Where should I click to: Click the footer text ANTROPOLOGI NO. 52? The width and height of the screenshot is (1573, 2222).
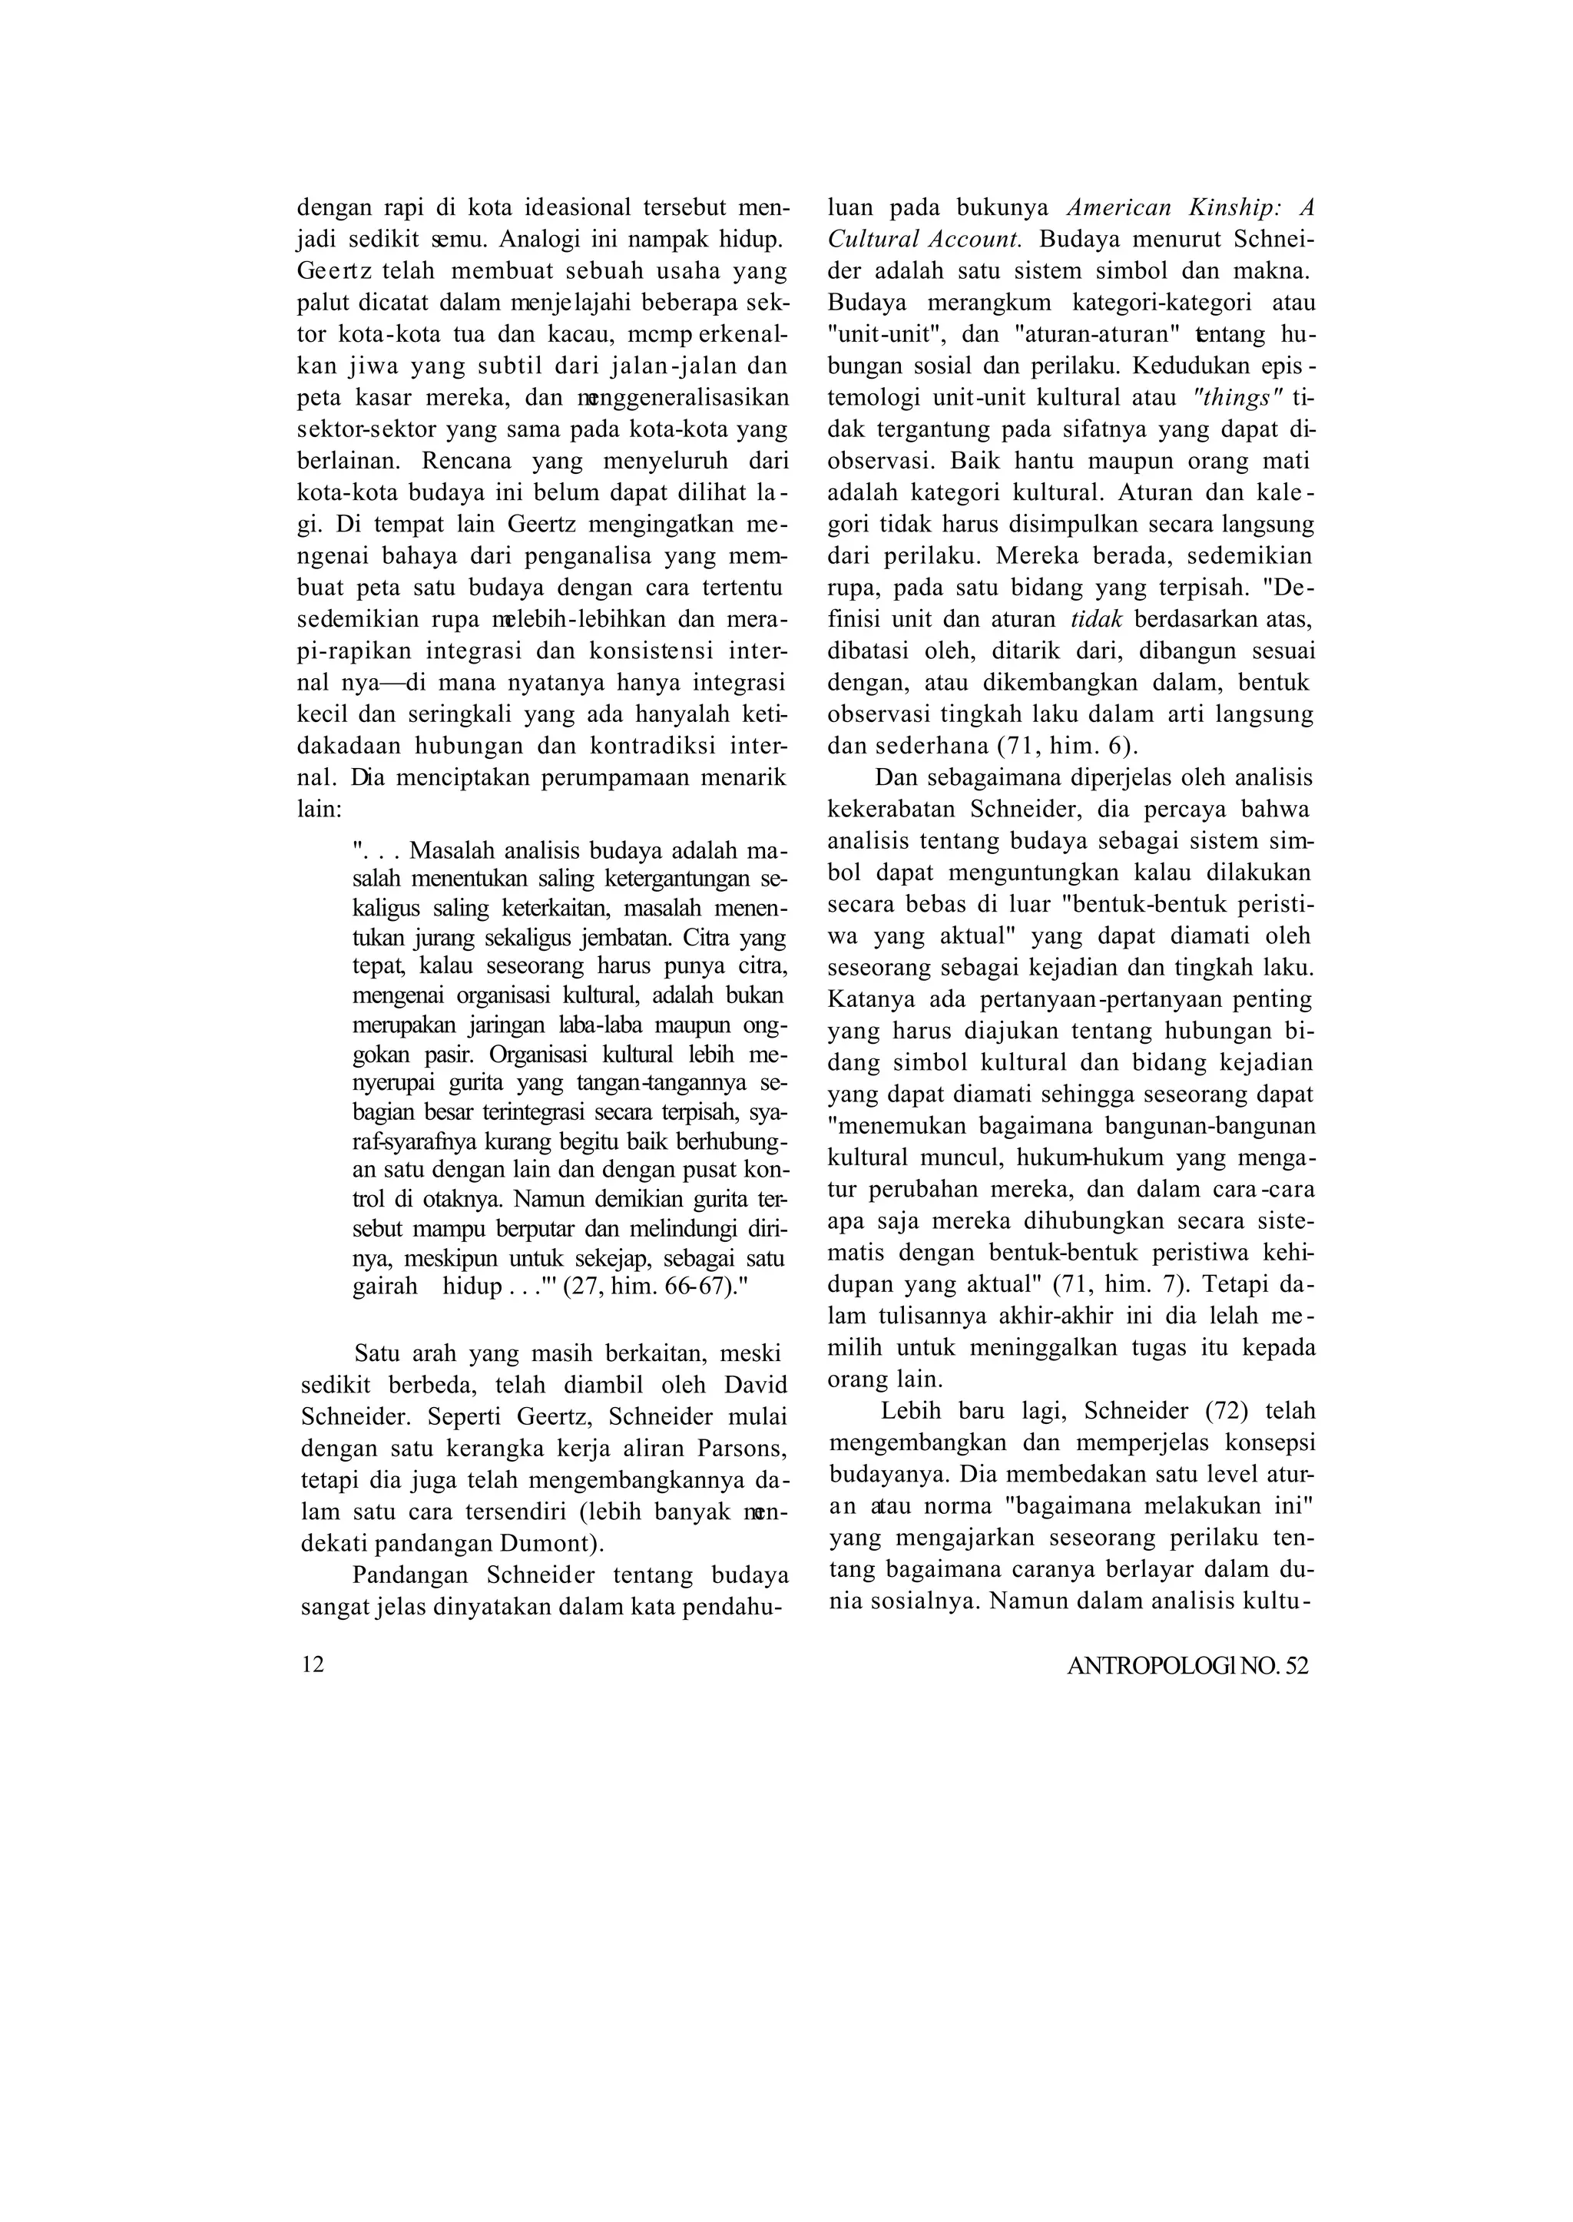pyautogui.click(x=1187, y=1666)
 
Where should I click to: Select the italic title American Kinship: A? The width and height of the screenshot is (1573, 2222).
pyautogui.click(x=1191, y=207)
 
